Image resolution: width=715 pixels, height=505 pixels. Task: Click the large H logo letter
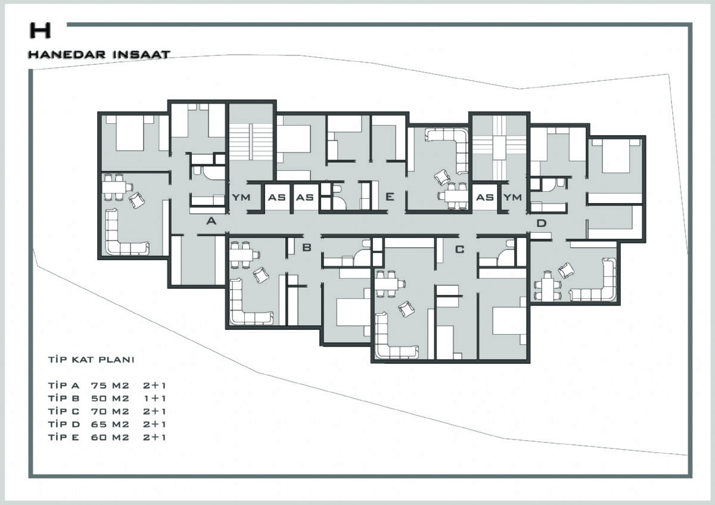pos(41,30)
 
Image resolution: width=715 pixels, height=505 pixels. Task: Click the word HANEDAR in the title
pos(67,54)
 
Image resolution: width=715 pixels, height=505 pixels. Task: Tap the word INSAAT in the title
pos(141,54)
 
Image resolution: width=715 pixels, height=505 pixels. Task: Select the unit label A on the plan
pos(212,221)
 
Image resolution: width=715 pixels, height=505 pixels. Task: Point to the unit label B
pos(306,247)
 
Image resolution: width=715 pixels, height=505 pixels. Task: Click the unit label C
pos(459,249)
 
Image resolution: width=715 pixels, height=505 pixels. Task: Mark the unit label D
pos(542,223)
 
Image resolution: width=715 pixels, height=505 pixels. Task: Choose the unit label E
pos(390,197)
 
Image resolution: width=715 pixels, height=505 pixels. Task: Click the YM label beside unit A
pos(241,198)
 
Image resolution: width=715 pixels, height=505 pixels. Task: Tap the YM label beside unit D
pos(512,198)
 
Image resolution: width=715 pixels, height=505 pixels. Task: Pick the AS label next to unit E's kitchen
pos(305,198)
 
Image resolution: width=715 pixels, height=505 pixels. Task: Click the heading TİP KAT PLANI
pos(91,360)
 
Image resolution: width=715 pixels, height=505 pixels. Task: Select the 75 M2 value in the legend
pos(110,386)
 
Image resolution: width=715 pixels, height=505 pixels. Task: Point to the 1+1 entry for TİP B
pos(154,398)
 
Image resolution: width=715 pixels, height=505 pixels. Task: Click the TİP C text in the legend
pos(64,412)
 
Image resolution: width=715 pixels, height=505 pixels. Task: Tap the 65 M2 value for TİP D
pos(110,424)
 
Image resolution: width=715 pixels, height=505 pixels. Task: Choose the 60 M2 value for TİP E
pos(110,437)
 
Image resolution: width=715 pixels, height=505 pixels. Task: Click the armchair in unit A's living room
pos(136,200)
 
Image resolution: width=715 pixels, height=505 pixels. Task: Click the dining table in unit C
pos(386,283)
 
